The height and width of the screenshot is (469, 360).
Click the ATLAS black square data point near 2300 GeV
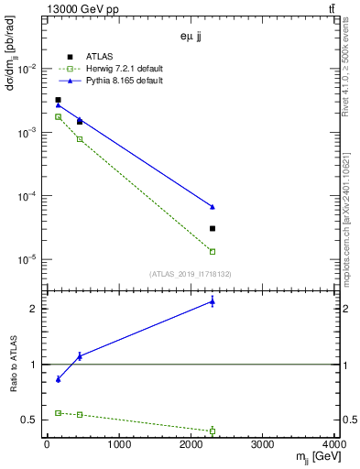(x=213, y=228)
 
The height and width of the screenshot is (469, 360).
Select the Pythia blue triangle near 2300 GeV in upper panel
(x=213, y=207)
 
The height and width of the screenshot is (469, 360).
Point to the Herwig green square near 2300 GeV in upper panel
(x=213, y=251)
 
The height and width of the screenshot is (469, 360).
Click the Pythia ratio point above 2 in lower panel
(x=213, y=301)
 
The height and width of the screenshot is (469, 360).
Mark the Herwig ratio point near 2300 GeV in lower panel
(x=213, y=431)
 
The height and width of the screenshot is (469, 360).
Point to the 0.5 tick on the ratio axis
(x=32, y=420)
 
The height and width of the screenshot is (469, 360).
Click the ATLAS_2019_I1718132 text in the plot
(x=191, y=273)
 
